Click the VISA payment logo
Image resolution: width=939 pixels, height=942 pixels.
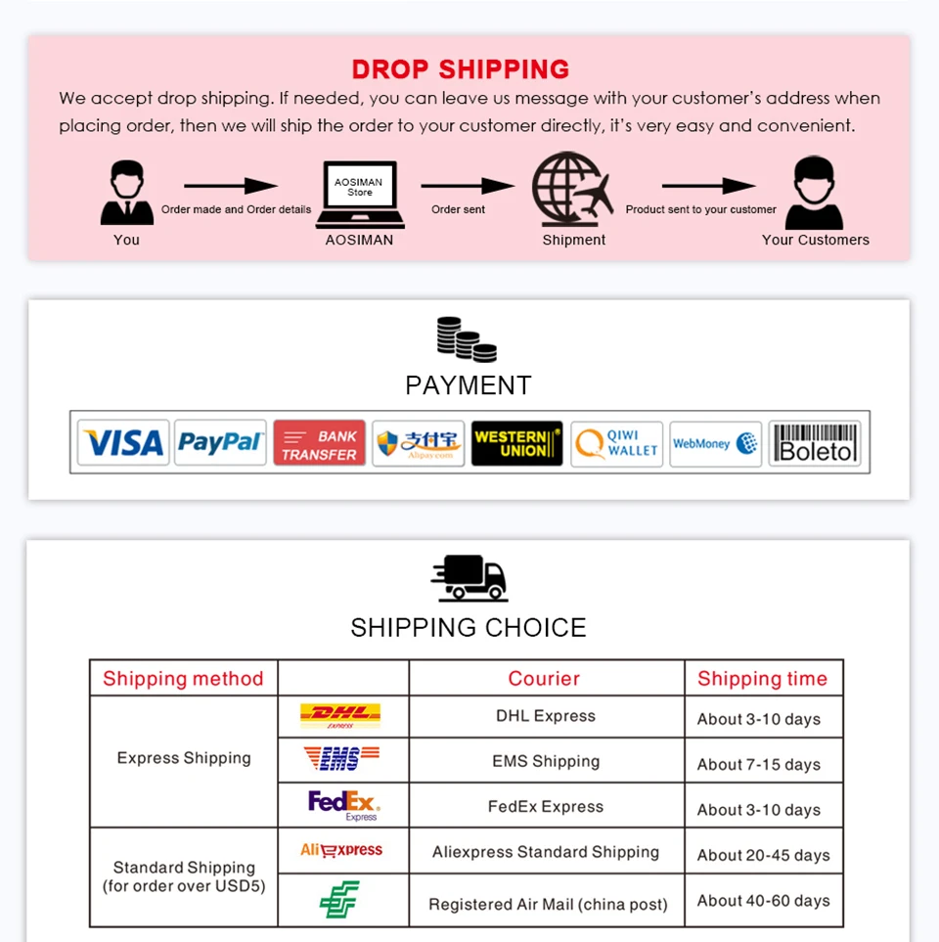pyautogui.click(x=123, y=443)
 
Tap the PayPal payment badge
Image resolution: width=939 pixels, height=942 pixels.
pyautogui.click(x=221, y=443)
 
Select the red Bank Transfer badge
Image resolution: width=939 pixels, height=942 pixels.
pyautogui.click(x=320, y=444)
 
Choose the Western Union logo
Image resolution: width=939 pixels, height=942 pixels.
pyautogui.click(x=516, y=443)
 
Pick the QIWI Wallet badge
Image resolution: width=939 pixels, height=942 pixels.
pyautogui.click(x=616, y=444)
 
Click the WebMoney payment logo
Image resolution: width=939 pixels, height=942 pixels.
pyautogui.click(x=715, y=444)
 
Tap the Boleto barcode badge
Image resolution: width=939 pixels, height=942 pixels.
pyautogui.click(x=815, y=443)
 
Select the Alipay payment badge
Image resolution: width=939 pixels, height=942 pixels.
pyautogui.click(x=419, y=444)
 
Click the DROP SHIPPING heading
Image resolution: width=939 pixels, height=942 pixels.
pyautogui.click(x=460, y=69)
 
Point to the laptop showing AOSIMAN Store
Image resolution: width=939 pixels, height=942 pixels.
pyautogui.click(x=359, y=194)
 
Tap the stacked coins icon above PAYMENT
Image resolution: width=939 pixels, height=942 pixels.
pyautogui.click(x=467, y=339)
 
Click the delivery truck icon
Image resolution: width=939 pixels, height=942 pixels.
pyautogui.click(x=469, y=577)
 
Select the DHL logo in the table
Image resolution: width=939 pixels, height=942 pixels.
pyautogui.click(x=340, y=716)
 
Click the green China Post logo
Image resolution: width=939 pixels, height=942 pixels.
pyautogui.click(x=339, y=899)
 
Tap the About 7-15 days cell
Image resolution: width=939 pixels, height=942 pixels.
pyautogui.click(x=759, y=764)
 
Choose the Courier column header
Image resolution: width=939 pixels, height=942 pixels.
pyautogui.click(x=544, y=678)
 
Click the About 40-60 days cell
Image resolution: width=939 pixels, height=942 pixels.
pyautogui.click(x=763, y=900)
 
